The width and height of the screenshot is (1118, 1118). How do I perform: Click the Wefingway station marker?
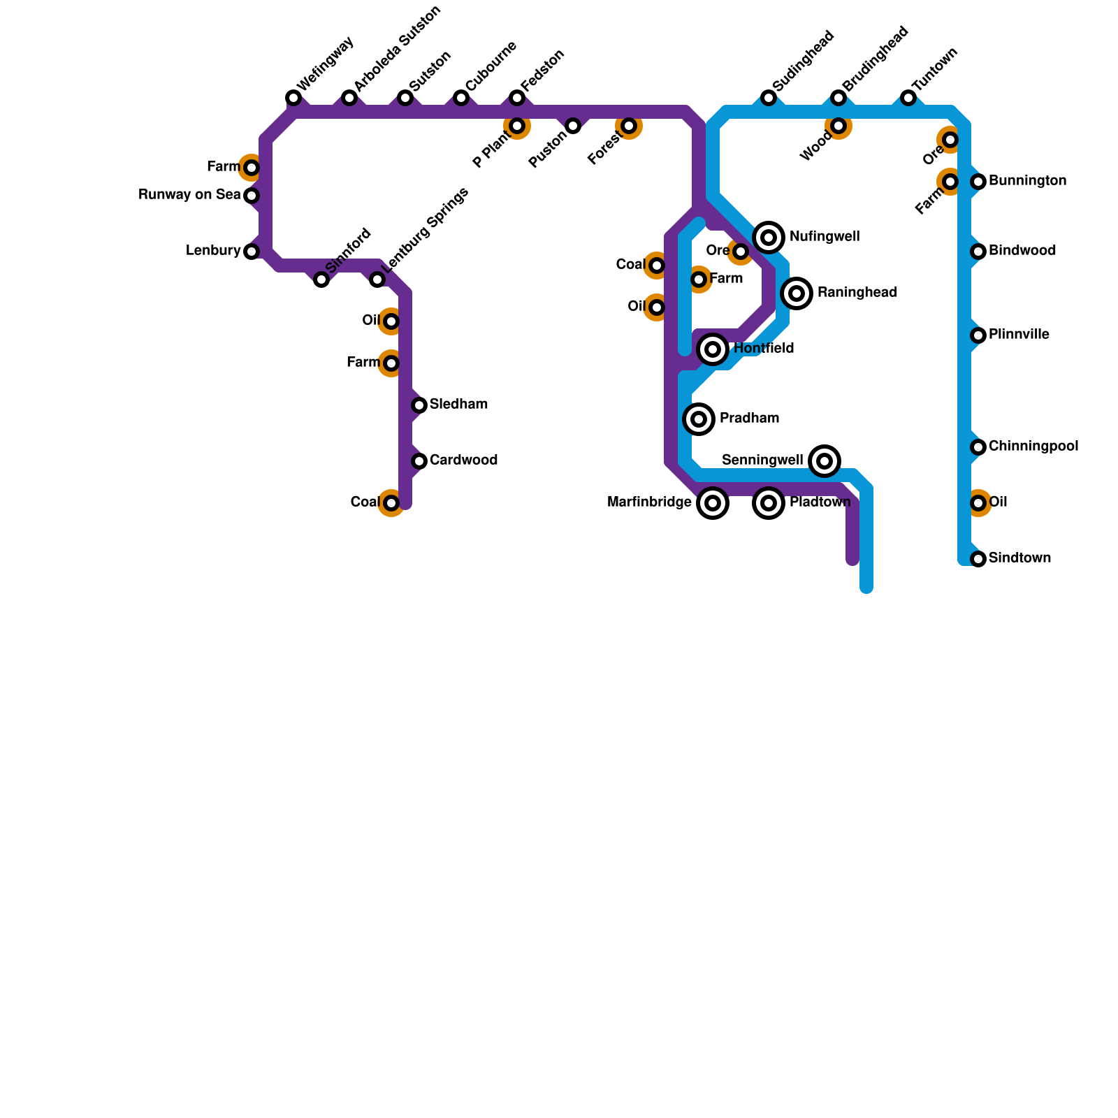(293, 98)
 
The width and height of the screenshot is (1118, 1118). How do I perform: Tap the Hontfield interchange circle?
(713, 349)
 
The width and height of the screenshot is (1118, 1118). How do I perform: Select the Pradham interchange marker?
(699, 419)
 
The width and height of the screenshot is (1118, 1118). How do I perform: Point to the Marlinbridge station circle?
(713, 503)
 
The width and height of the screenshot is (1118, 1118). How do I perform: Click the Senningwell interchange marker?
(825, 461)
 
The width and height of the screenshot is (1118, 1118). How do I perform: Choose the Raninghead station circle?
(797, 293)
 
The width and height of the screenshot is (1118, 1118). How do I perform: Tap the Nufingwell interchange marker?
(769, 238)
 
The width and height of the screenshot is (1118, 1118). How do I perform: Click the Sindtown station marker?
(978, 559)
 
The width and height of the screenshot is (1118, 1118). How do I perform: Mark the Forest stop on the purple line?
(629, 126)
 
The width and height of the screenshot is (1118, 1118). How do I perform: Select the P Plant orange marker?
(517, 126)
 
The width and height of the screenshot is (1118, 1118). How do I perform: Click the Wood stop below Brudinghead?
(838, 126)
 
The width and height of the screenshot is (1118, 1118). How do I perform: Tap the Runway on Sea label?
(189, 195)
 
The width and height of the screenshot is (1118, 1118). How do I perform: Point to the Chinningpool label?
(1033, 447)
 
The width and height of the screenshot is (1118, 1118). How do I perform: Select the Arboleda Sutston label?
(397, 49)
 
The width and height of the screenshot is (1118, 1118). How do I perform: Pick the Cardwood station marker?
(419, 461)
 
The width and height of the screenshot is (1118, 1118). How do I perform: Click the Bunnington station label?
(1027, 181)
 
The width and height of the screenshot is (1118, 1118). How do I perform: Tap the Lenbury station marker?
(252, 252)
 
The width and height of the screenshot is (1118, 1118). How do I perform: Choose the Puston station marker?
(573, 126)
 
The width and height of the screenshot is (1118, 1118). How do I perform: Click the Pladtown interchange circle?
(769, 503)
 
